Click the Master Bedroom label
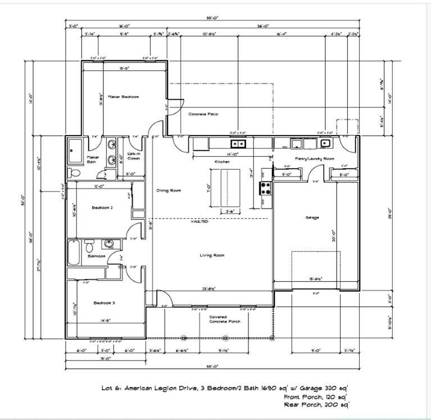coord(123,97)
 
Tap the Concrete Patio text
coord(203,114)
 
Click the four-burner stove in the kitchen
coord(265,187)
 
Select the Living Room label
coord(212,255)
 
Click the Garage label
coord(312,217)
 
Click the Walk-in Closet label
coord(134,156)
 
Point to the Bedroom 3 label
coord(104,303)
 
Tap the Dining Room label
coord(168,191)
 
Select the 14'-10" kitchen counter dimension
coord(233,153)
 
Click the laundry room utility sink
coord(325,142)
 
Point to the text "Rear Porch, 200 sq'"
coord(318,404)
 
